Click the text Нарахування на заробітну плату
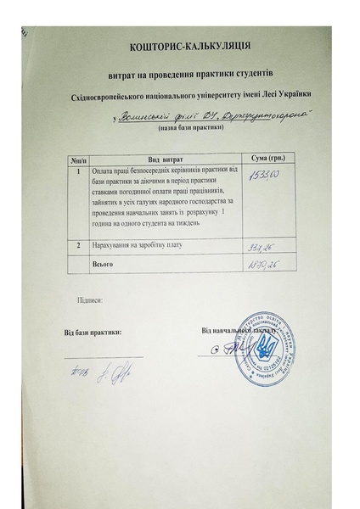click(x=138, y=246)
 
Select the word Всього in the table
click(x=102, y=265)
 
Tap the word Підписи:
click(x=90, y=300)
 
